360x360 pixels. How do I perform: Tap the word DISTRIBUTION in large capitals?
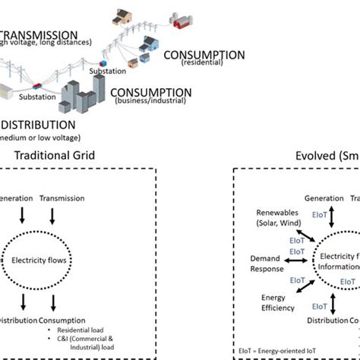pyautogui.click(x=38, y=124)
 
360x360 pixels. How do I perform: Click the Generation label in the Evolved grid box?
pyautogui.click(x=324, y=198)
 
